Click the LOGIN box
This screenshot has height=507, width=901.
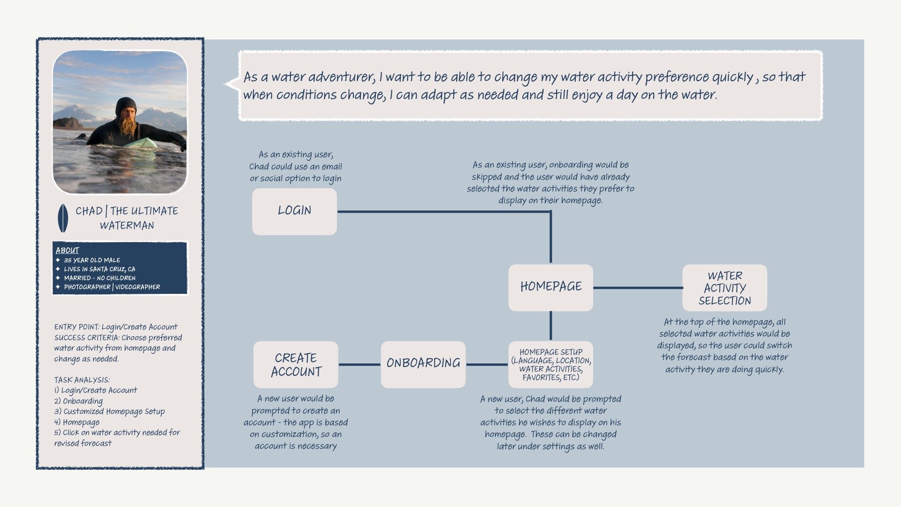pos(294,211)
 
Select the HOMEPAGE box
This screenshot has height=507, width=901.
pos(550,287)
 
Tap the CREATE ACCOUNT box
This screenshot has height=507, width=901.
pos(296,364)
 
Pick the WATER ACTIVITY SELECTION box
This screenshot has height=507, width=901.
pos(725,288)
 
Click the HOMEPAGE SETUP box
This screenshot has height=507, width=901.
pos(550,364)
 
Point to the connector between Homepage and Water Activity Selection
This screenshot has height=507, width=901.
pos(638,288)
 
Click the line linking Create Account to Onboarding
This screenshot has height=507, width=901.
pos(359,364)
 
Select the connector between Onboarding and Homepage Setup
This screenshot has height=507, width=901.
pos(487,364)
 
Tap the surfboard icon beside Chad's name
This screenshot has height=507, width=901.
pos(62,218)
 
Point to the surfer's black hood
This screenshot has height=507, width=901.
pos(125,106)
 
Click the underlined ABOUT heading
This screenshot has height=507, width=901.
pos(67,250)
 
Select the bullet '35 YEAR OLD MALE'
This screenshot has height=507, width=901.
pos(92,260)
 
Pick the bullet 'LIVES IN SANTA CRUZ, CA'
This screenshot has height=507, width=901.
pos(99,269)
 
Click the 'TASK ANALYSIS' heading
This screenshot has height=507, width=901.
pos(82,380)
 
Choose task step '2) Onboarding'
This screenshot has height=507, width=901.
pos(78,401)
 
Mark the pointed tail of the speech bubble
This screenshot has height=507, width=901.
pos(229,84)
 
